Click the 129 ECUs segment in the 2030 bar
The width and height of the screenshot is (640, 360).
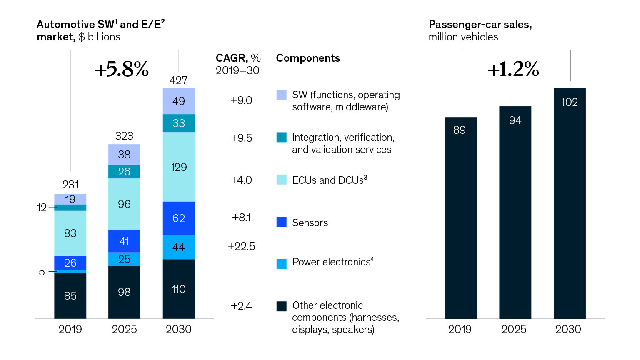point(179,167)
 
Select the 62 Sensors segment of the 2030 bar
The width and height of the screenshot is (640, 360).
point(179,218)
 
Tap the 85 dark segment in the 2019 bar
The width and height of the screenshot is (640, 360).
point(70,295)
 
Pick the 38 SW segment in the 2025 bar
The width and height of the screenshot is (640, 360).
point(124,155)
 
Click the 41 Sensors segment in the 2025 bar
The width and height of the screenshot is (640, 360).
point(124,241)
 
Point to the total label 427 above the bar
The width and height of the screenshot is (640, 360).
point(179,80)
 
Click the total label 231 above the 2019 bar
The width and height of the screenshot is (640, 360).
point(70,185)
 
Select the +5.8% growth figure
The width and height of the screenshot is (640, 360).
point(122,69)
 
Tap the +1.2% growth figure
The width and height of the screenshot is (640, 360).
point(513,69)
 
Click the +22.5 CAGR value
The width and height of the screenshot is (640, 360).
point(241,246)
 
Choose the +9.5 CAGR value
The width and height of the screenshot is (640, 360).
point(241,138)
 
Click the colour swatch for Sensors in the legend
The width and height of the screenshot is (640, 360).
point(282,222)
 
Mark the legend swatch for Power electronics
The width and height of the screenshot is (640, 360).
point(282,264)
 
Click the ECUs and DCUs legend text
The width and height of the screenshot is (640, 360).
point(330,180)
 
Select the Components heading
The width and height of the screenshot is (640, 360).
point(308,58)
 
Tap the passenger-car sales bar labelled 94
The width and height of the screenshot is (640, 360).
point(515,212)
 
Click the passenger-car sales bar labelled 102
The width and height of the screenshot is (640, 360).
point(570,204)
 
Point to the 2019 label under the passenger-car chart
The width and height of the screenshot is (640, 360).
point(460,329)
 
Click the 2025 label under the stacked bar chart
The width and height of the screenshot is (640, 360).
point(124,329)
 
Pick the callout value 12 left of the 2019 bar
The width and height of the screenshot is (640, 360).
point(42,207)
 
